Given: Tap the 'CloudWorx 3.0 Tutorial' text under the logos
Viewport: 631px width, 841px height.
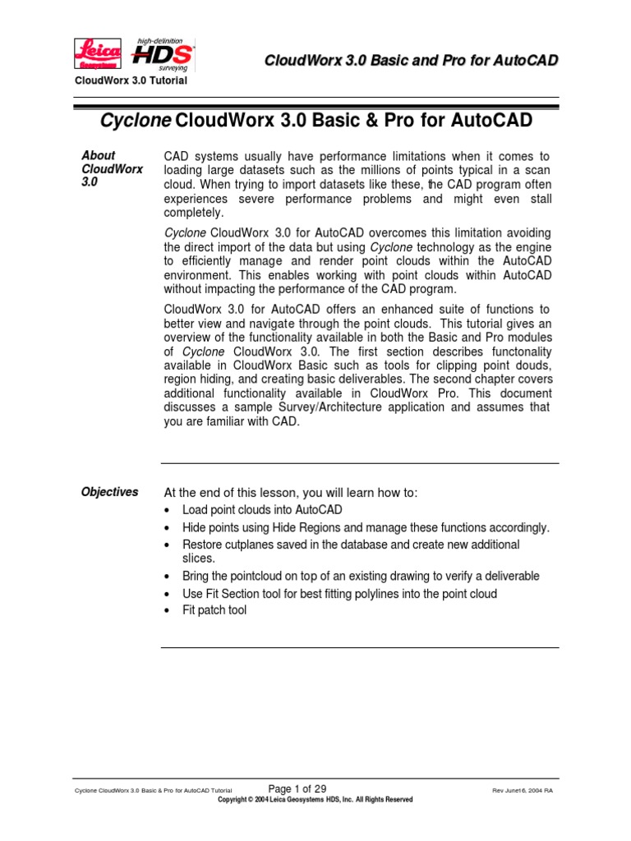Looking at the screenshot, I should (131, 80).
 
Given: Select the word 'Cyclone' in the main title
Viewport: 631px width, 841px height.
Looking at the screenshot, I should (136, 122).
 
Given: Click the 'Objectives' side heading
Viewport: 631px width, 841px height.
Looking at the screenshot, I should (109, 492).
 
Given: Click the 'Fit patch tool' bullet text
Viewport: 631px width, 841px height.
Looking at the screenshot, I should (214, 610).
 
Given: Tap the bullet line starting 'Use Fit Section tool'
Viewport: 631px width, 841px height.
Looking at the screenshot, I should (339, 594).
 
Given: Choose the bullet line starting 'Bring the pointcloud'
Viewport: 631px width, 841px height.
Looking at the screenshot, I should (361, 577).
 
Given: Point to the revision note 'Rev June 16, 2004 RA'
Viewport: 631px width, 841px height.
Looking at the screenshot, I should (522, 790).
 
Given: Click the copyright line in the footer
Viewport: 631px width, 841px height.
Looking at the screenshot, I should (315, 799).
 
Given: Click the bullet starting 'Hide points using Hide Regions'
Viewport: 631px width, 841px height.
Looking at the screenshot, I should (366, 527).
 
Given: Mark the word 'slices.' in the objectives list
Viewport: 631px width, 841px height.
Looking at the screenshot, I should (199, 558).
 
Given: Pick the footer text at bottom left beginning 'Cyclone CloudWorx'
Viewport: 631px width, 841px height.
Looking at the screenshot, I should (153, 790).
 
